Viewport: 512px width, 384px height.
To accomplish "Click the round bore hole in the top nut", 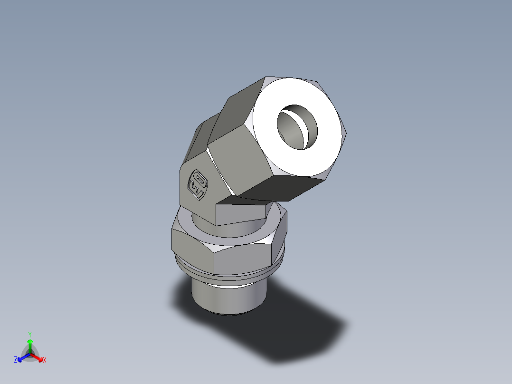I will pyautogui.click(x=297, y=125).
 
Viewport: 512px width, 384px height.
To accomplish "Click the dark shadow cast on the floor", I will pyautogui.click(x=294, y=333).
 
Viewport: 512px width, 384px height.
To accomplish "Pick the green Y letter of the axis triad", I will pyautogui.click(x=30, y=334).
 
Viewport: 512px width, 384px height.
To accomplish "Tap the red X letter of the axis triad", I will pyautogui.click(x=45, y=360).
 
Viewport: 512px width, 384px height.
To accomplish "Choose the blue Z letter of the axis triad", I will pyautogui.click(x=16, y=360).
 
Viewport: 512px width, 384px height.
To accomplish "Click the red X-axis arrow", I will pyautogui.click(x=38, y=358).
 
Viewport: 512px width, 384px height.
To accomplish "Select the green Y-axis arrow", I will pyautogui.click(x=30, y=345).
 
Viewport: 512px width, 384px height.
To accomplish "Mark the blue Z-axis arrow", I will pyautogui.click(x=22, y=358).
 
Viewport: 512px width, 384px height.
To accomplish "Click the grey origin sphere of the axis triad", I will pyautogui.click(x=30, y=354).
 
